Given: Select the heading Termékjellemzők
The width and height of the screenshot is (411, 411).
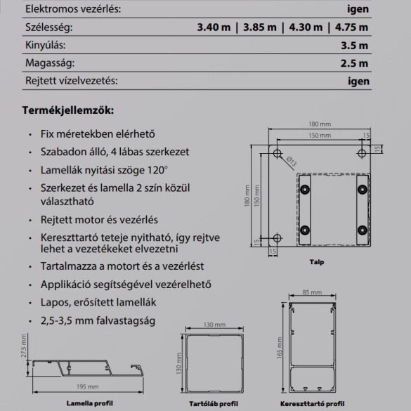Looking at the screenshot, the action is [67, 111].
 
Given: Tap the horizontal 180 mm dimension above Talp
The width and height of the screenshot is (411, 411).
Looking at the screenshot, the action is [322, 125].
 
